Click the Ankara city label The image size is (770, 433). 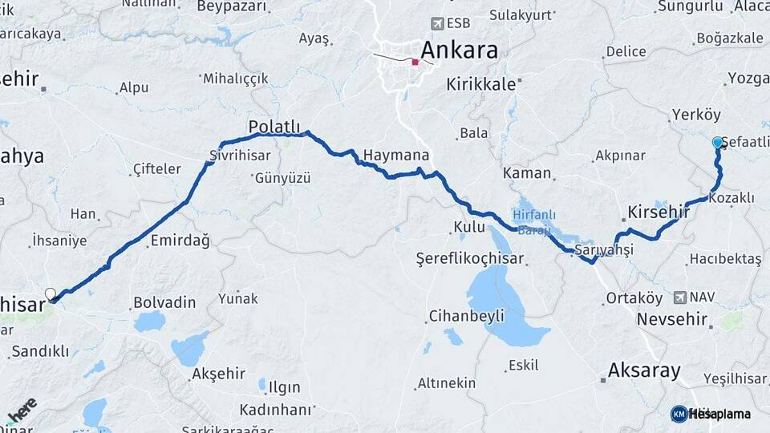pos(459,50)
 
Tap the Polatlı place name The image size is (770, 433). pos(274,127)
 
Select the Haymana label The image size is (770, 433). pos(395,155)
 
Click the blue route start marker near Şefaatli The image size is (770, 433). pos(717,142)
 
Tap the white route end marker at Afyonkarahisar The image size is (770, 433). pos(51,294)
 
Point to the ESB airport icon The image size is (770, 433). pos(436,23)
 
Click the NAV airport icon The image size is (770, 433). pos(680,297)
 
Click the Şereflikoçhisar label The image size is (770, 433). pos(469,258)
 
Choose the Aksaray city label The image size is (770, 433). pos(644,370)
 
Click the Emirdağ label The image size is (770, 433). pos(180,241)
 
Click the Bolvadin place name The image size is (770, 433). pos(164,302)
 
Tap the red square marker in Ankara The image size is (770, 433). pos(415,62)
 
